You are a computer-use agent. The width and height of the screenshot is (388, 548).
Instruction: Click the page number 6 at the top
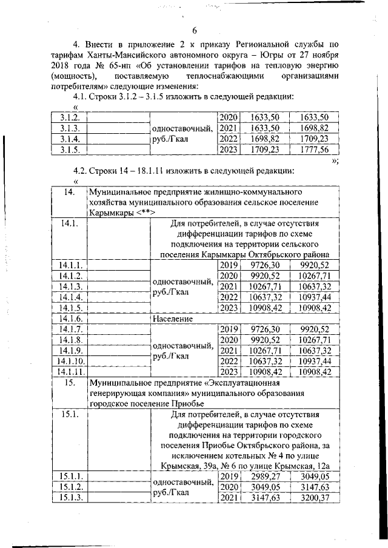pyautogui.click(x=195, y=31)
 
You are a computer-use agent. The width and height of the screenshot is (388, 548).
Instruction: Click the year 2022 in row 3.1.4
pyautogui.click(x=228, y=139)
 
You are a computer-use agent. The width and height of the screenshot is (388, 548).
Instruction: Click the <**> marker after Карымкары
pyautogui.click(x=147, y=213)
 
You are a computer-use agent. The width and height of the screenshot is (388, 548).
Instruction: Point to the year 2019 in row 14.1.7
pyautogui.click(x=228, y=329)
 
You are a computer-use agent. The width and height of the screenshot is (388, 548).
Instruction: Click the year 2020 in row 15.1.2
pyautogui.click(x=228, y=487)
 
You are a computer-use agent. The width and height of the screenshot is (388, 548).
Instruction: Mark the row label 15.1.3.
pyautogui.click(x=67, y=498)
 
